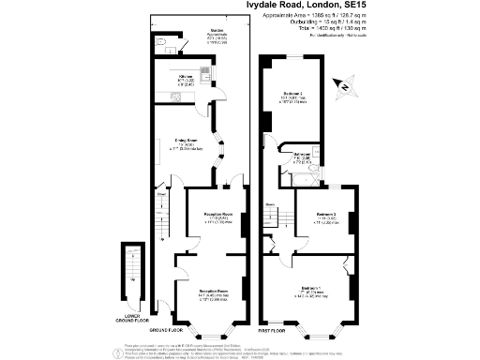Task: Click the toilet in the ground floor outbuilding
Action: [162, 44]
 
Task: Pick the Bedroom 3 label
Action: [325, 215]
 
